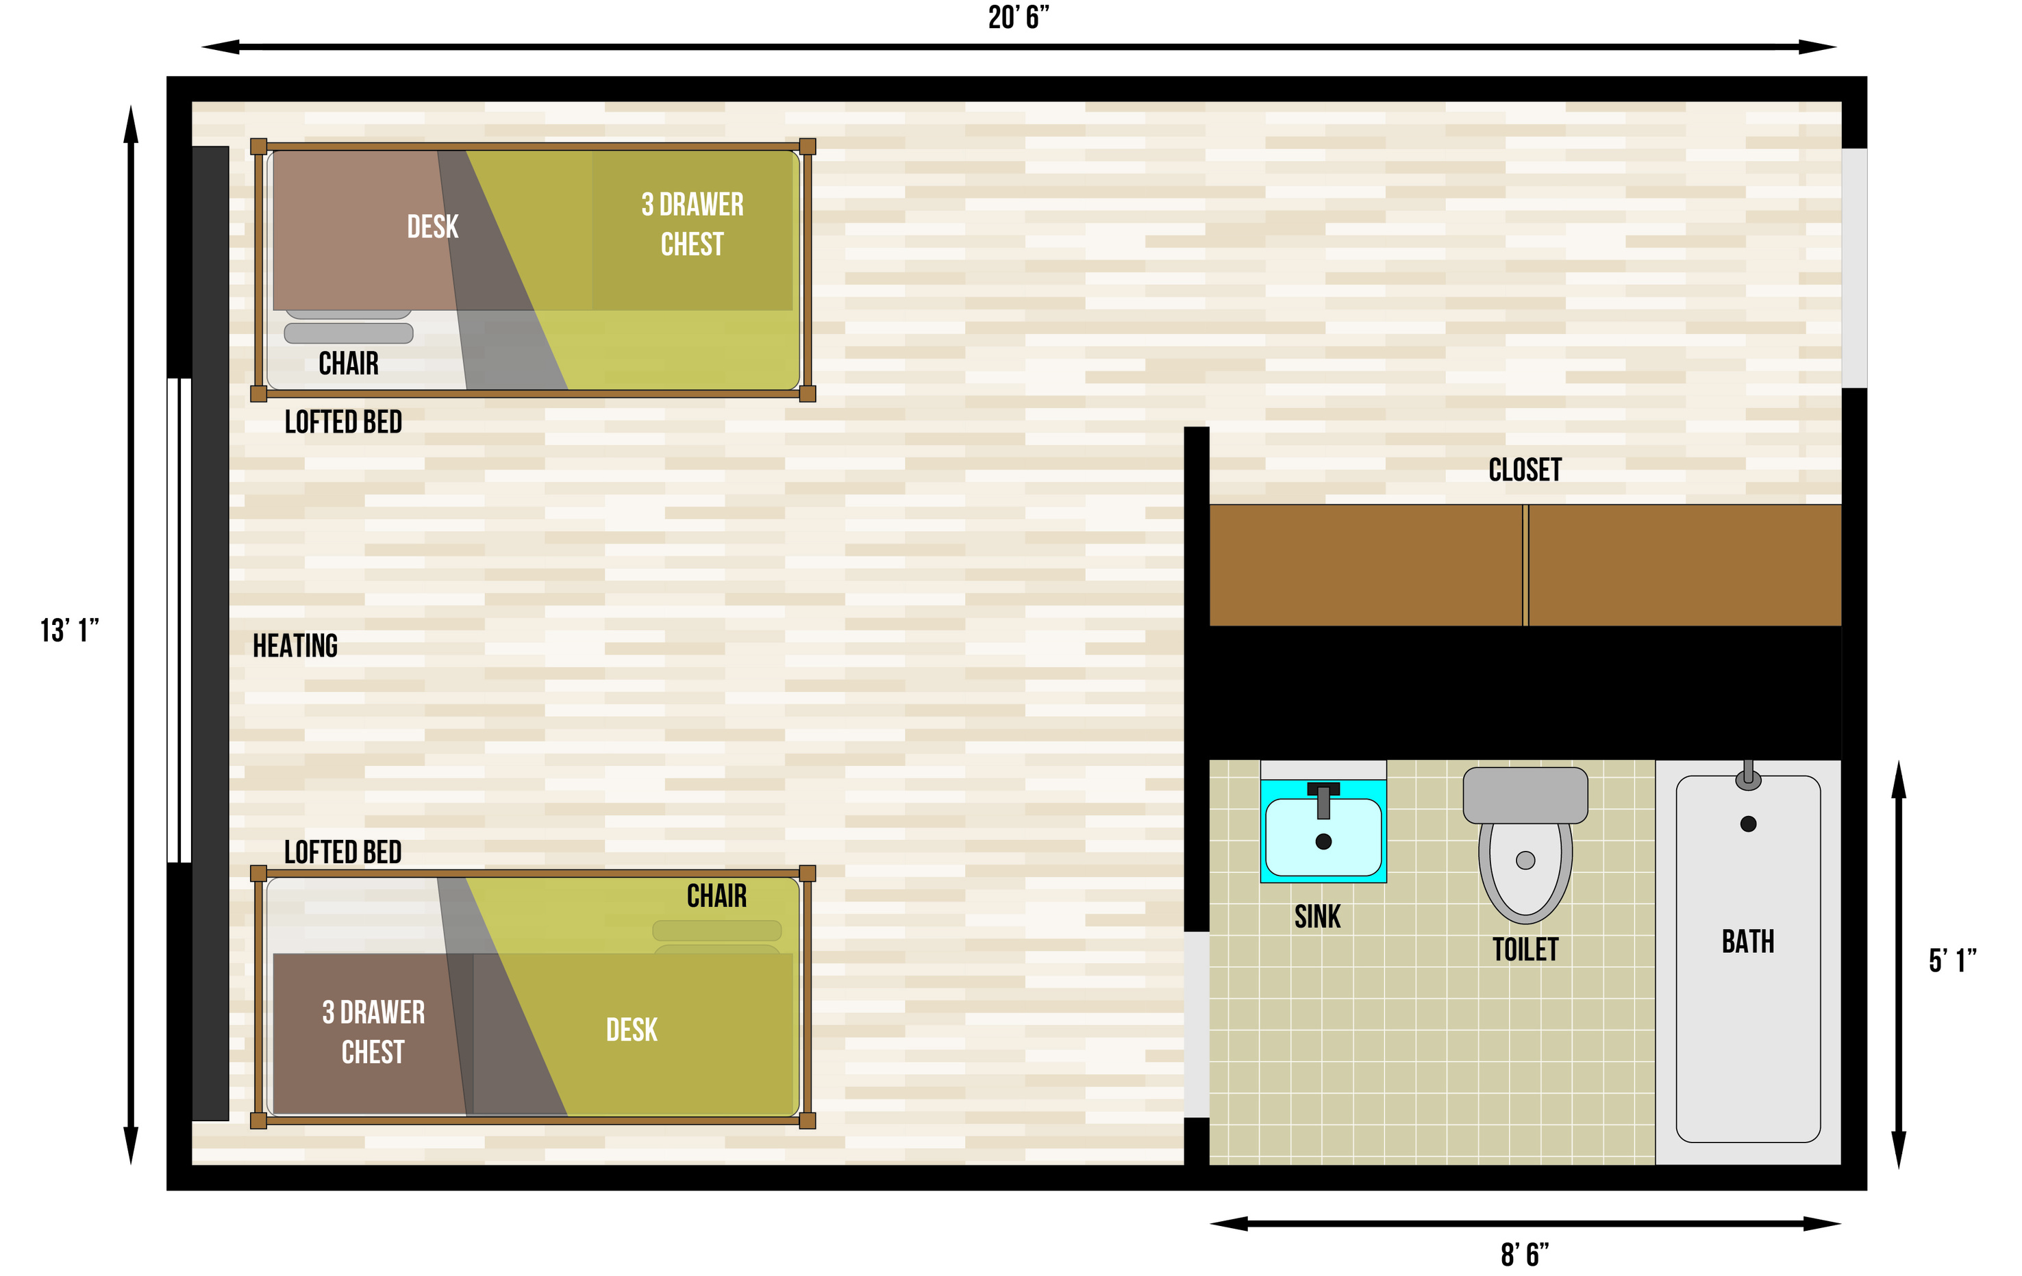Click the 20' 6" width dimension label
pos(1018,18)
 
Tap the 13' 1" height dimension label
pos(70,630)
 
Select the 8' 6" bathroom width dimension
pos(1524,1254)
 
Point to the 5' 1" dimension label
pos(1951,960)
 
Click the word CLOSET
pos(1525,470)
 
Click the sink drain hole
pos(1323,841)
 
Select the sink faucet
pos(1323,798)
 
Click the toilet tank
pos(1525,794)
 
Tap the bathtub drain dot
pos(1748,824)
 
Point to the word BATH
pos(1747,942)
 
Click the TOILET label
pos(1525,949)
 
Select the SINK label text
pos(1316,917)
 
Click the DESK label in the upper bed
pos(432,227)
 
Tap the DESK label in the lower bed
pos(632,1030)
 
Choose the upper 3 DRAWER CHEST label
pos(692,224)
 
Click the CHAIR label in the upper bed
pos(348,363)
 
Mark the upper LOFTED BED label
pos(342,422)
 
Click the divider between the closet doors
pos(1525,565)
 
